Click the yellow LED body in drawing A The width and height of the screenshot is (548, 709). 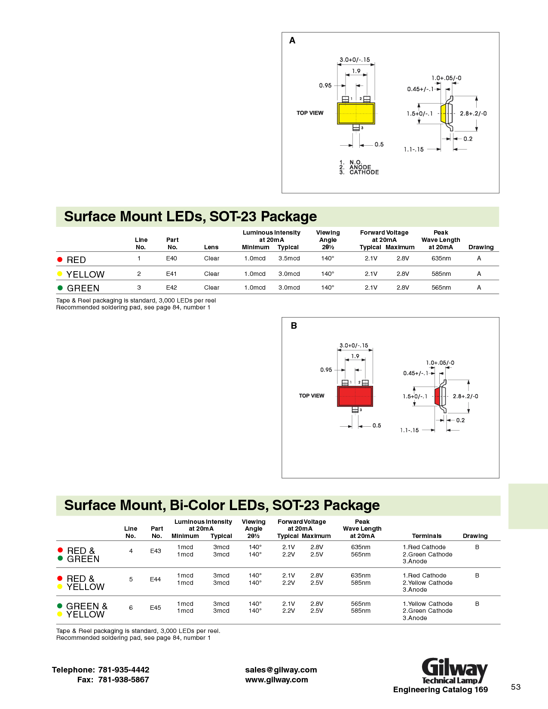click(356, 113)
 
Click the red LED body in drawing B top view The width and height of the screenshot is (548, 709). click(355, 396)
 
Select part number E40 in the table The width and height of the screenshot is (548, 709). click(171, 258)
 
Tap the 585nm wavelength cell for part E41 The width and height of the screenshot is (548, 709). click(441, 274)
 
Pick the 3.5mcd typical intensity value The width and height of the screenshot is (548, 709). click(289, 258)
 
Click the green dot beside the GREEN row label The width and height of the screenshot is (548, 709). click(60, 288)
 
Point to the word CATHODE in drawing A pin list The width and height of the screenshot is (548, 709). click(364, 172)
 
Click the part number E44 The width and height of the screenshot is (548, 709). click(156, 579)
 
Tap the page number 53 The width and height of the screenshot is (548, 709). click(516, 687)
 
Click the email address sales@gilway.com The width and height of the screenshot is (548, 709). click(281, 670)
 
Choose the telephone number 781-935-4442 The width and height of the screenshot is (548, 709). click(124, 670)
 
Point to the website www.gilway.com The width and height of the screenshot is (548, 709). click(276, 680)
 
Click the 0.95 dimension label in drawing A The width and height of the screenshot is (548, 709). click(325, 86)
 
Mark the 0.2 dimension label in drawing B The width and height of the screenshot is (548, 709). click(460, 420)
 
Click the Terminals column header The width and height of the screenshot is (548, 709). click(427, 536)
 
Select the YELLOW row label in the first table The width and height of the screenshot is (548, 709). click(86, 274)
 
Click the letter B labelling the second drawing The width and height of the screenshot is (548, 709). click(294, 326)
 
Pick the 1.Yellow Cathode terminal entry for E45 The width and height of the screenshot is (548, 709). click(428, 604)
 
